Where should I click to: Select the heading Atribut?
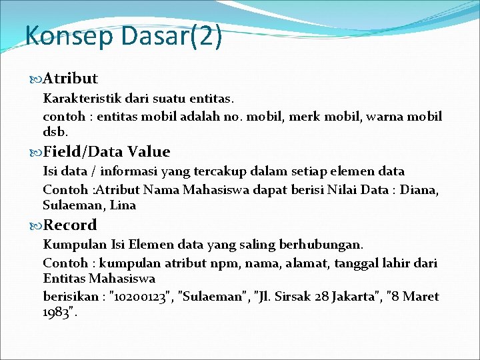tap(71, 79)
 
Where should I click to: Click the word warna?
tap(388, 117)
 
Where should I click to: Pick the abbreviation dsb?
tap(55, 132)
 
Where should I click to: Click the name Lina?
tap(123, 205)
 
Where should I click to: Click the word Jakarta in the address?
tap(355, 296)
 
